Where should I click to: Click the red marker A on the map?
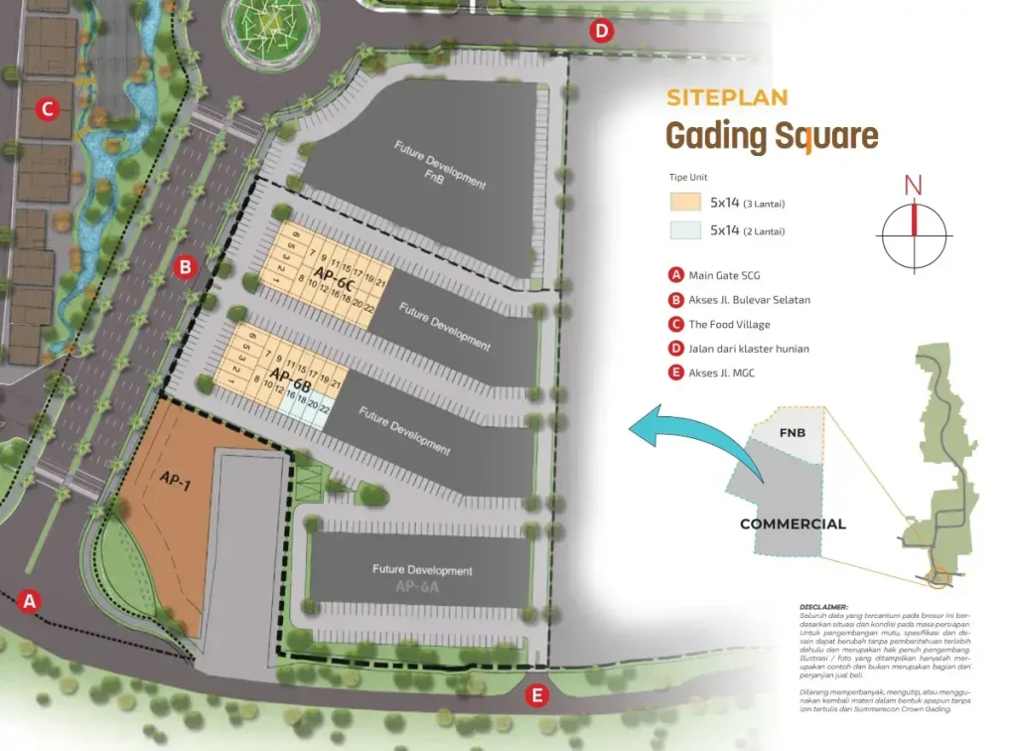[30, 600]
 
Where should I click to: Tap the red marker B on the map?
[184, 266]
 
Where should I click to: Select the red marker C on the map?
[46, 108]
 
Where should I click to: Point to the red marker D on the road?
[601, 31]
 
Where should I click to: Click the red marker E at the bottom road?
[537, 695]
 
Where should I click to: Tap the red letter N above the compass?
[913, 185]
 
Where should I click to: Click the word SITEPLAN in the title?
[727, 97]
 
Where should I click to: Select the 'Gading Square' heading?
[772, 136]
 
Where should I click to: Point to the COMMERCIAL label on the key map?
[793, 524]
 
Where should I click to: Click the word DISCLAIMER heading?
[823, 607]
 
